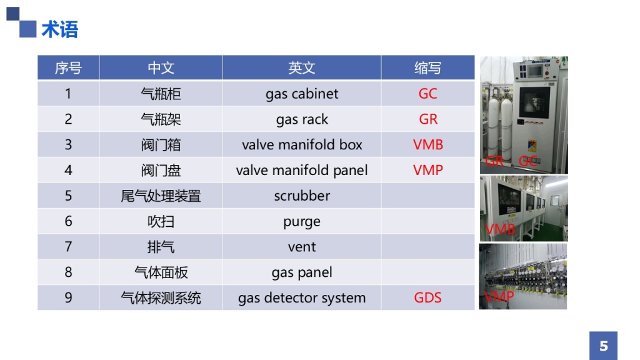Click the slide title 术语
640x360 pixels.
pos(59,30)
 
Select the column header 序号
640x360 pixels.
pos(68,67)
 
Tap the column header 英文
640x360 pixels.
pos(302,67)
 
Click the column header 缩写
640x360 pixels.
pos(427,67)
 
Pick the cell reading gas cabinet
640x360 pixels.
pos(302,94)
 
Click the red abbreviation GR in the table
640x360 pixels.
pos(427,119)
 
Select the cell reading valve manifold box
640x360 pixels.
pos(302,145)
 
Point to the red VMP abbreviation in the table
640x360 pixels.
pos(427,170)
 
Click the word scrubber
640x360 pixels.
pos(302,196)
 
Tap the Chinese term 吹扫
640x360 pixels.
pos(161,222)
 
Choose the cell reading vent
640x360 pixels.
pos(302,247)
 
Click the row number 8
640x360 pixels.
pos(68,272)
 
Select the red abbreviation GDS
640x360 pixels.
pos(427,297)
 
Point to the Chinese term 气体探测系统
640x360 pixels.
pos(161,298)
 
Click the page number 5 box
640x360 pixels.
pos(603,346)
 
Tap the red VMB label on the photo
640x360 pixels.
pos(500,229)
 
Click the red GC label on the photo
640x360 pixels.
pos(527,161)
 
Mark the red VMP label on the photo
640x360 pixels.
pos(499,296)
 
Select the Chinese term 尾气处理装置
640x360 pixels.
pos(161,196)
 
